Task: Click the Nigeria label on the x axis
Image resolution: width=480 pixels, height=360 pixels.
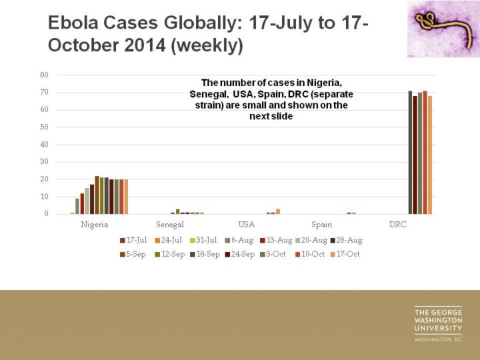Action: click(x=95, y=225)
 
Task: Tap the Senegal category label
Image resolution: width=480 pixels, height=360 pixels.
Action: click(x=170, y=225)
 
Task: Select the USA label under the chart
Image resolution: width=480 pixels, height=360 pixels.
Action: click(x=247, y=225)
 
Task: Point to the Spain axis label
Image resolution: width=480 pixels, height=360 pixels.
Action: click(x=321, y=225)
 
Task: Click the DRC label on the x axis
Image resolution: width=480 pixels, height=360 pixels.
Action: click(x=397, y=225)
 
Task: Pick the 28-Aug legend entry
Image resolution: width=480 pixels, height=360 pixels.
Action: click(x=346, y=240)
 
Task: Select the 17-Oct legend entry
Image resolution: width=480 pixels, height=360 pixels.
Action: click(x=345, y=255)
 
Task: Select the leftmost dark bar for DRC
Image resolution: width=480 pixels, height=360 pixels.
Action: click(x=410, y=152)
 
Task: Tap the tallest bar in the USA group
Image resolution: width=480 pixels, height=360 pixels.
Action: click(x=278, y=211)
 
